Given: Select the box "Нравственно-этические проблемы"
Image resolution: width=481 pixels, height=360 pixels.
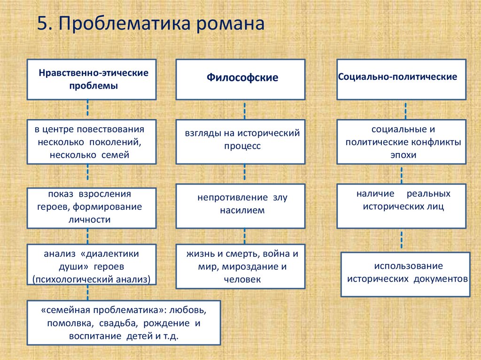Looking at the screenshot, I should pos(92,79).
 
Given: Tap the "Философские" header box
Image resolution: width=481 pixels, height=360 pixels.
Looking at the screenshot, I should pos(240,79).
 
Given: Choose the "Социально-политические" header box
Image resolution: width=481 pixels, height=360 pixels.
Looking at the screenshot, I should pos(402,79).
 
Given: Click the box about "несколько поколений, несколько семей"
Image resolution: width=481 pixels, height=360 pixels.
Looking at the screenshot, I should pos(92,141).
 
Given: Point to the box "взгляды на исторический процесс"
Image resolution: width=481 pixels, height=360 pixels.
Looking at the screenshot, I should pos(240,141).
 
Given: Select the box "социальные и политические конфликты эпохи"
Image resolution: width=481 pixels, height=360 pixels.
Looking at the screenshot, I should pos(402,141).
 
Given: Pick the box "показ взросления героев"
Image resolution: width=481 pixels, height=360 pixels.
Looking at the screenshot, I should pos(92,207).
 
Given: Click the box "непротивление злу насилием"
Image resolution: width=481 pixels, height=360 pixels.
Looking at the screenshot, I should pos(240,206).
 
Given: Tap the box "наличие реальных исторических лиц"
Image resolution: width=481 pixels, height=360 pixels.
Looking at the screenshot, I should pos(402,206).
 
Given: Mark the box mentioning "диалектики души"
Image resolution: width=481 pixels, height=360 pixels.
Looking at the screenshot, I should pos(92,267).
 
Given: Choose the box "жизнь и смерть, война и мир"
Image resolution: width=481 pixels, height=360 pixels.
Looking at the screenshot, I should pos(240,267).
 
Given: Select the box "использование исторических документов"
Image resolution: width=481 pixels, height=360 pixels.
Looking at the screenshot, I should pos(405,274).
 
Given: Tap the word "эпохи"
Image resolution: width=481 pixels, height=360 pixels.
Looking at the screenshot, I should pos(402,154).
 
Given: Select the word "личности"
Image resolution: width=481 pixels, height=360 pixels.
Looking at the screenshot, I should pos(92,219).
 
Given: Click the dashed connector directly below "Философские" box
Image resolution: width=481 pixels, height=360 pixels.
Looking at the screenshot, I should pos(244,110).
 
